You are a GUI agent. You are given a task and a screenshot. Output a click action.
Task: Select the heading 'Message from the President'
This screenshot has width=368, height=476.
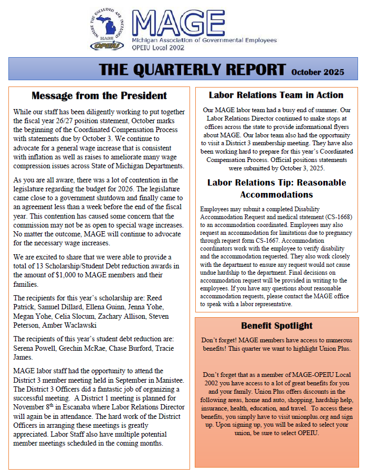pyautogui.click(x=99, y=96)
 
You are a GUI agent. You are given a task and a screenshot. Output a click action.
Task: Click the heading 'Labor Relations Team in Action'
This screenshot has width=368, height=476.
pyautogui.click(x=276, y=95)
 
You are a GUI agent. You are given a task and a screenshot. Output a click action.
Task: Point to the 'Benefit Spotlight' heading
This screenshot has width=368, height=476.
pyautogui.click(x=277, y=326)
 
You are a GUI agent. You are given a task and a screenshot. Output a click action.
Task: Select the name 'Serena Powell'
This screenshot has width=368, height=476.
pyautogui.click(x=34, y=348)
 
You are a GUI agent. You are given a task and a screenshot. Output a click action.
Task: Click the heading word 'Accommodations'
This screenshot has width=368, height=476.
pyautogui.click(x=277, y=194)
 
